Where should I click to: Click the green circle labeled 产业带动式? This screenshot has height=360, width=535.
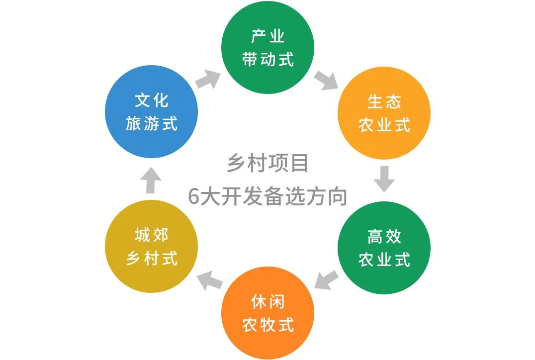click(267, 48)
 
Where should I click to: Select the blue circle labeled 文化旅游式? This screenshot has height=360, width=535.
click(152, 112)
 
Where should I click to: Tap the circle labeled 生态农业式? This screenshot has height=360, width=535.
click(384, 113)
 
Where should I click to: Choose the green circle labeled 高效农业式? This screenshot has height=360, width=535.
click(384, 248)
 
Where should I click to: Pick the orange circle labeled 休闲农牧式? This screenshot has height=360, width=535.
click(267, 313)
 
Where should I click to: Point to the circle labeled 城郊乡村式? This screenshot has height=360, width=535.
click(152, 247)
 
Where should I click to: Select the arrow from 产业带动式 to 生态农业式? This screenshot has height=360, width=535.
click(326, 80)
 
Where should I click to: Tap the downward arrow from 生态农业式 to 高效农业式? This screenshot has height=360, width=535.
click(384, 179)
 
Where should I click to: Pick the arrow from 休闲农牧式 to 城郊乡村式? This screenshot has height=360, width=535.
click(209, 280)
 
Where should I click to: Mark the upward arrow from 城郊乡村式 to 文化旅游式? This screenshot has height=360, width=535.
click(152, 180)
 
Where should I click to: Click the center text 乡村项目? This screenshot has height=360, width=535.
click(267, 163)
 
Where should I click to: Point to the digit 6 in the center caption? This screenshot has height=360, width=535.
click(194, 197)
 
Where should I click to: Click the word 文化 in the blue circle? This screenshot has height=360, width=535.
click(152, 101)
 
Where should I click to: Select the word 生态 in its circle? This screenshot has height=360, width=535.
click(384, 102)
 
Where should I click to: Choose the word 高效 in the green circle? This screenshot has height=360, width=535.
click(384, 237)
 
